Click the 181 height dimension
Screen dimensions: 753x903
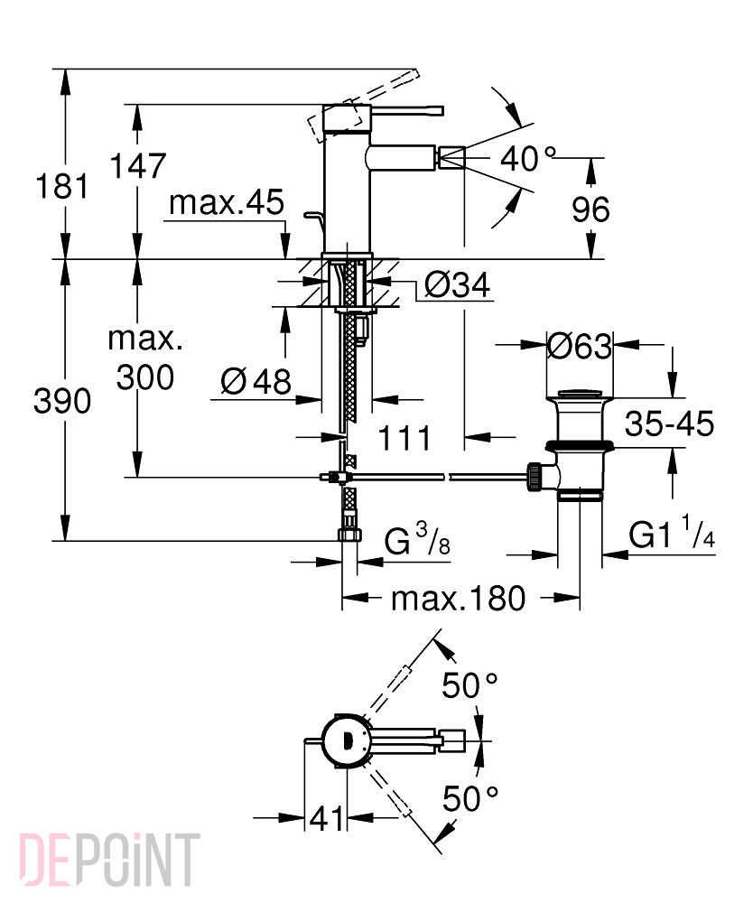click(62, 186)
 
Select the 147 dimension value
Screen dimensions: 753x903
click(138, 165)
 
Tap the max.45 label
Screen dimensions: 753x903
click(227, 202)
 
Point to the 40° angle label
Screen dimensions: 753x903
click(528, 158)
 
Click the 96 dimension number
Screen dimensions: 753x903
click(590, 209)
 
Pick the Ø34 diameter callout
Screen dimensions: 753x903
click(458, 284)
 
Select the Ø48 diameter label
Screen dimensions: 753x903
click(256, 381)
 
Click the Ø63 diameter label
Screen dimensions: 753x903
click(579, 346)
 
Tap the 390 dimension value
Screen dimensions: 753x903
click(62, 401)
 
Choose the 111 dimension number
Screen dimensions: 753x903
click(404, 438)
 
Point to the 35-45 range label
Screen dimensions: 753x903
click(670, 424)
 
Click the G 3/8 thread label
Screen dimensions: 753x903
click(417, 540)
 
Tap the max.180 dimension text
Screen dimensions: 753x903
click(459, 599)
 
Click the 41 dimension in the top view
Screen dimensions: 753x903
click(327, 818)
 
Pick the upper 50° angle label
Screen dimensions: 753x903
click(469, 684)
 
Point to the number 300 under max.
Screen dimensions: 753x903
click(145, 377)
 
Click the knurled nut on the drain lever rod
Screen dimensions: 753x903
click(534, 476)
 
